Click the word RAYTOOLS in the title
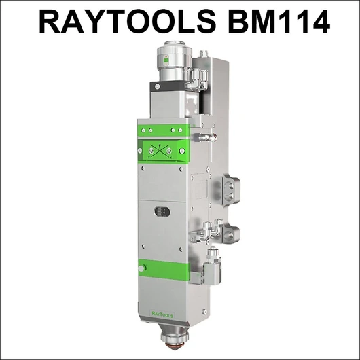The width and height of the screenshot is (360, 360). point(128,22)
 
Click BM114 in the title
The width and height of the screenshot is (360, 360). point(278,22)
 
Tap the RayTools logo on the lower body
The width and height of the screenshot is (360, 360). point(162,315)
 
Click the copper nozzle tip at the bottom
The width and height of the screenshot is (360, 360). point(174,346)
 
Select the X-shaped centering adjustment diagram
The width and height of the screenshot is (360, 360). point(160,151)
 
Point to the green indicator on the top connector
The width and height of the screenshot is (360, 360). point(166,60)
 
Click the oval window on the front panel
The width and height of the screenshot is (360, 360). point(162,212)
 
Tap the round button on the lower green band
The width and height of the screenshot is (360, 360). point(142,268)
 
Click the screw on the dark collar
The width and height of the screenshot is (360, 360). point(158,86)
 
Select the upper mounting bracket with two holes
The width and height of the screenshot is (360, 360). point(232,190)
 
